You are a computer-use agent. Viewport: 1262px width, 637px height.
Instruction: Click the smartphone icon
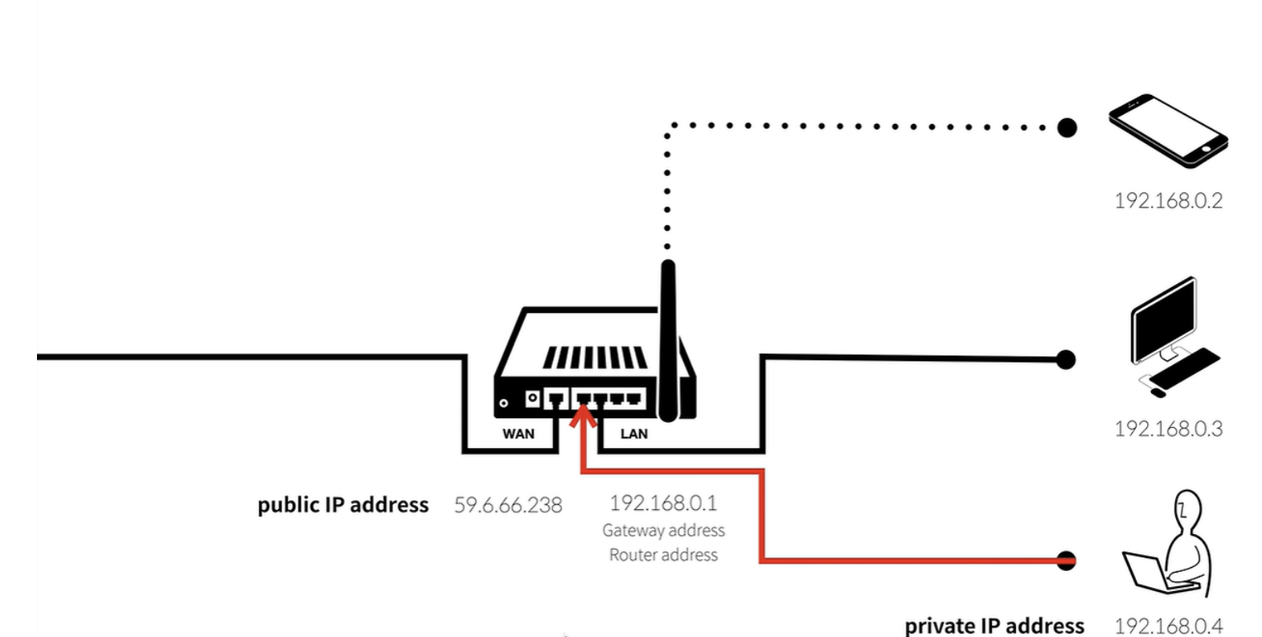coord(1168,130)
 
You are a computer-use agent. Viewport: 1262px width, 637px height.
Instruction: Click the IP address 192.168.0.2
coord(1168,200)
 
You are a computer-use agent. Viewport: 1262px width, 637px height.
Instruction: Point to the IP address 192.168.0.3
coord(1168,429)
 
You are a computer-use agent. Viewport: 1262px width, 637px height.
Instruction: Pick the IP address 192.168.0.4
coord(1168,626)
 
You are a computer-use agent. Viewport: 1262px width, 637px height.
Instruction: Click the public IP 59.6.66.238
coord(508,505)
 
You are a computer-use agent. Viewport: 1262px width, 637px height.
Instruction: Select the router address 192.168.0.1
coord(663,503)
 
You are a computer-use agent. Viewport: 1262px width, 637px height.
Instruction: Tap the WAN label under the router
coord(518,434)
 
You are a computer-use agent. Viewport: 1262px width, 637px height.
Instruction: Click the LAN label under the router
coord(633,434)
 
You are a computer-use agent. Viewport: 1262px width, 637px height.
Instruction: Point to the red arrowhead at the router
coord(584,416)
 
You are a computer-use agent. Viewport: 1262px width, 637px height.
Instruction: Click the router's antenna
coord(668,338)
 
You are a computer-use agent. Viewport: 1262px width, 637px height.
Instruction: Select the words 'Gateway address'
coord(663,530)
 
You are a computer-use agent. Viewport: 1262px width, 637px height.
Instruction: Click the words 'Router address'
coord(663,555)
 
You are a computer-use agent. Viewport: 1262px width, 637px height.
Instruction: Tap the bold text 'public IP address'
coord(343,505)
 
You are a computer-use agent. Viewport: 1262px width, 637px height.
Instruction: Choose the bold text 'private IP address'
coord(994,626)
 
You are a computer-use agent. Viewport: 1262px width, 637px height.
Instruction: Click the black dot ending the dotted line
coord(1067,127)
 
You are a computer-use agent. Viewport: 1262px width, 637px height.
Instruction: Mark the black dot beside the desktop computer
coord(1065,359)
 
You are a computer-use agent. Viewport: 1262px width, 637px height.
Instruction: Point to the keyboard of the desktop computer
coord(1184,368)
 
